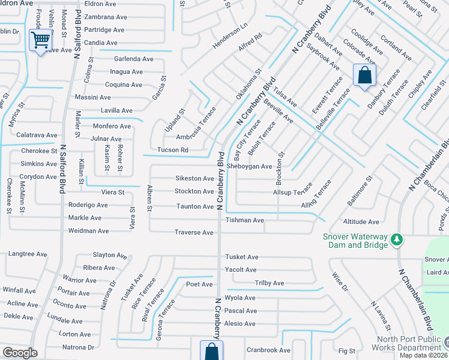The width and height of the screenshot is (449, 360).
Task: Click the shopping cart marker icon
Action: coord(40,41)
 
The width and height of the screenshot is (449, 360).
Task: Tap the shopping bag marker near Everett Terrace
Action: coord(364,76)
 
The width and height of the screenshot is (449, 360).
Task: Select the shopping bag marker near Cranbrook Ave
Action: coord(211,352)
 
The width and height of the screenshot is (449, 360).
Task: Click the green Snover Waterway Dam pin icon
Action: coord(396,240)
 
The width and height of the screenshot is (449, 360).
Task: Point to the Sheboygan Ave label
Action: coord(249,166)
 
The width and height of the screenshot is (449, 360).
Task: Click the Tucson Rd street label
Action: coord(172,150)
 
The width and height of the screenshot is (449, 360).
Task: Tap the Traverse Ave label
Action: coord(194,232)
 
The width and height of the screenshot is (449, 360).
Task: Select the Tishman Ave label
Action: coord(244,220)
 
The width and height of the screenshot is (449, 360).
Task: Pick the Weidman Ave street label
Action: coord(89,230)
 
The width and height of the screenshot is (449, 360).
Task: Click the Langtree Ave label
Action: coord(28,254)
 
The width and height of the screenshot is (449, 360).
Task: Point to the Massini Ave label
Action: coord(92,97)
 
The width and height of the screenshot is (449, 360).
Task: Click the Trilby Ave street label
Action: coord(270,283)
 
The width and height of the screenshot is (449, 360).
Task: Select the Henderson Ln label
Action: coord(229,37)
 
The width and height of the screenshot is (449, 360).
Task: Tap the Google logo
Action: coord(20,353)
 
